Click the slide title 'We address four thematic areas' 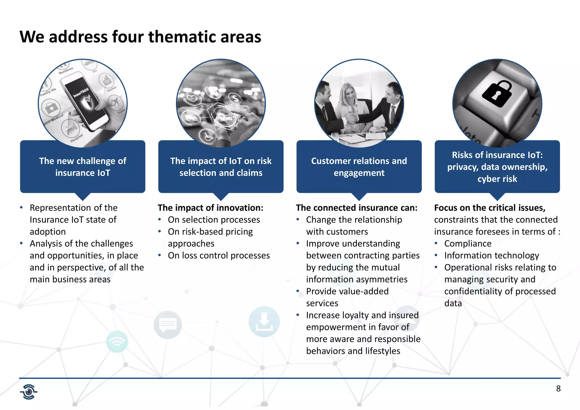click(x=140, y=37)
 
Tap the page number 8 click(x=558, y=388)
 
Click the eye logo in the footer click(x=29, y=392)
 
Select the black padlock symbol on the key click(x=497, y=93)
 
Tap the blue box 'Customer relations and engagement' click(x=359, y=167)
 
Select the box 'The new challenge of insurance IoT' click(x=82, y=167)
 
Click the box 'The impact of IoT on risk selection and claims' click(x=221, y=167)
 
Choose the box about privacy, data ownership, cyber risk click(x=497, y=167)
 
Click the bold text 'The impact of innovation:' click(x=210, y=208)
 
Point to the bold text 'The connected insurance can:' click(x=357, y=208)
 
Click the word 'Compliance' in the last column click(x=468, y=244)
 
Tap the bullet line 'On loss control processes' click(x=219, y=255)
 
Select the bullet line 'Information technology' click(x=491, y=255)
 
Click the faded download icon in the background click(x=264, y=322)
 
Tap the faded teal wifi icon click(x=117, y=341)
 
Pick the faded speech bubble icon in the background click(x=168, y=324)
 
